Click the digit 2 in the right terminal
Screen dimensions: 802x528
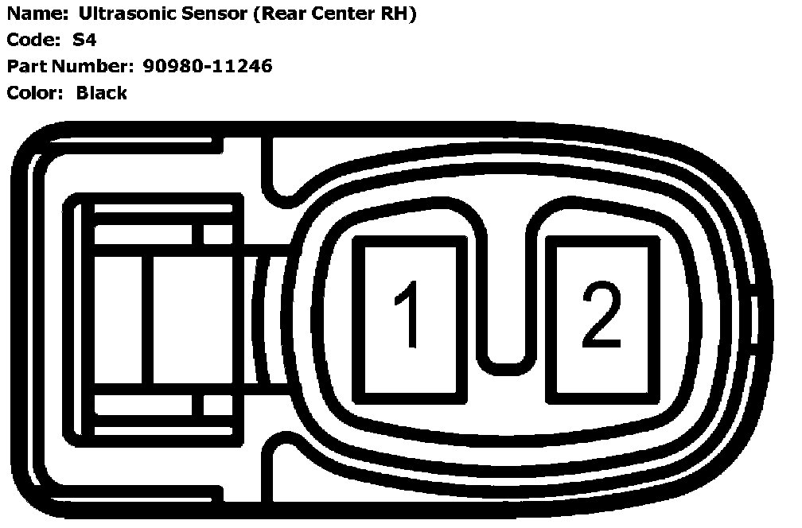click(601, 316)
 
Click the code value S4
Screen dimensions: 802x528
click(84, 40)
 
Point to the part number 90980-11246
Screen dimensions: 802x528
click(208, 66)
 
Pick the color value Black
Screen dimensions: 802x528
click(102, 93)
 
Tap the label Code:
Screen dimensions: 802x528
click(34, 40)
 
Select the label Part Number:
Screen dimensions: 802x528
click(71, 66)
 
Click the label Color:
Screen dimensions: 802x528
click(35, 93)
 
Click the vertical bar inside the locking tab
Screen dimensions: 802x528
click(146, 319)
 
